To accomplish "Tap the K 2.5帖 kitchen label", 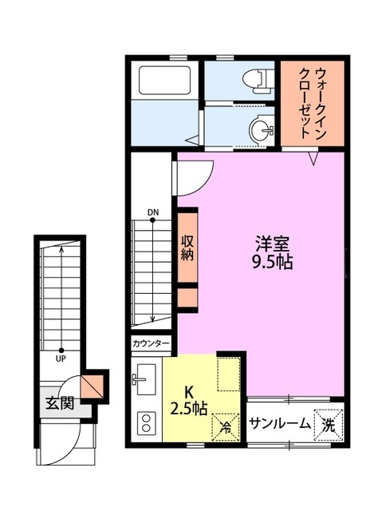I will pos(189,400).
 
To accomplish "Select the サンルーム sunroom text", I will pos(279,424).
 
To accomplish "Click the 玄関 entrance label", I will pos(59,403).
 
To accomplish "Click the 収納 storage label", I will pos(187,250).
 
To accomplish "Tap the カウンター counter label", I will pos(151,343).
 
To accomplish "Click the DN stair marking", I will pos(152,212).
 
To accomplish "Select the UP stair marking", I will pos(61,358).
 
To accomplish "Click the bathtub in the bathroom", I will pos(165,82).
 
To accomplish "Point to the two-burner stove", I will pos(147,422).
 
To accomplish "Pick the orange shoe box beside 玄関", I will pos(96,383).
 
